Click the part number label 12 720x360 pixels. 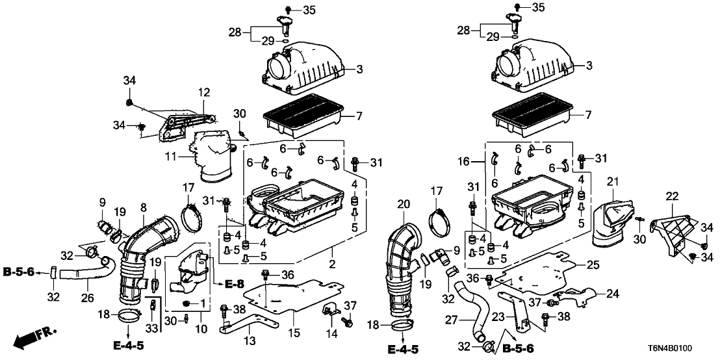coord(205,92)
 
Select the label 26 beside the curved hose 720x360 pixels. coord(86,300)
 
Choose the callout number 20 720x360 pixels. coord(402,204)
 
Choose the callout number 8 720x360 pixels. coord(143,208)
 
